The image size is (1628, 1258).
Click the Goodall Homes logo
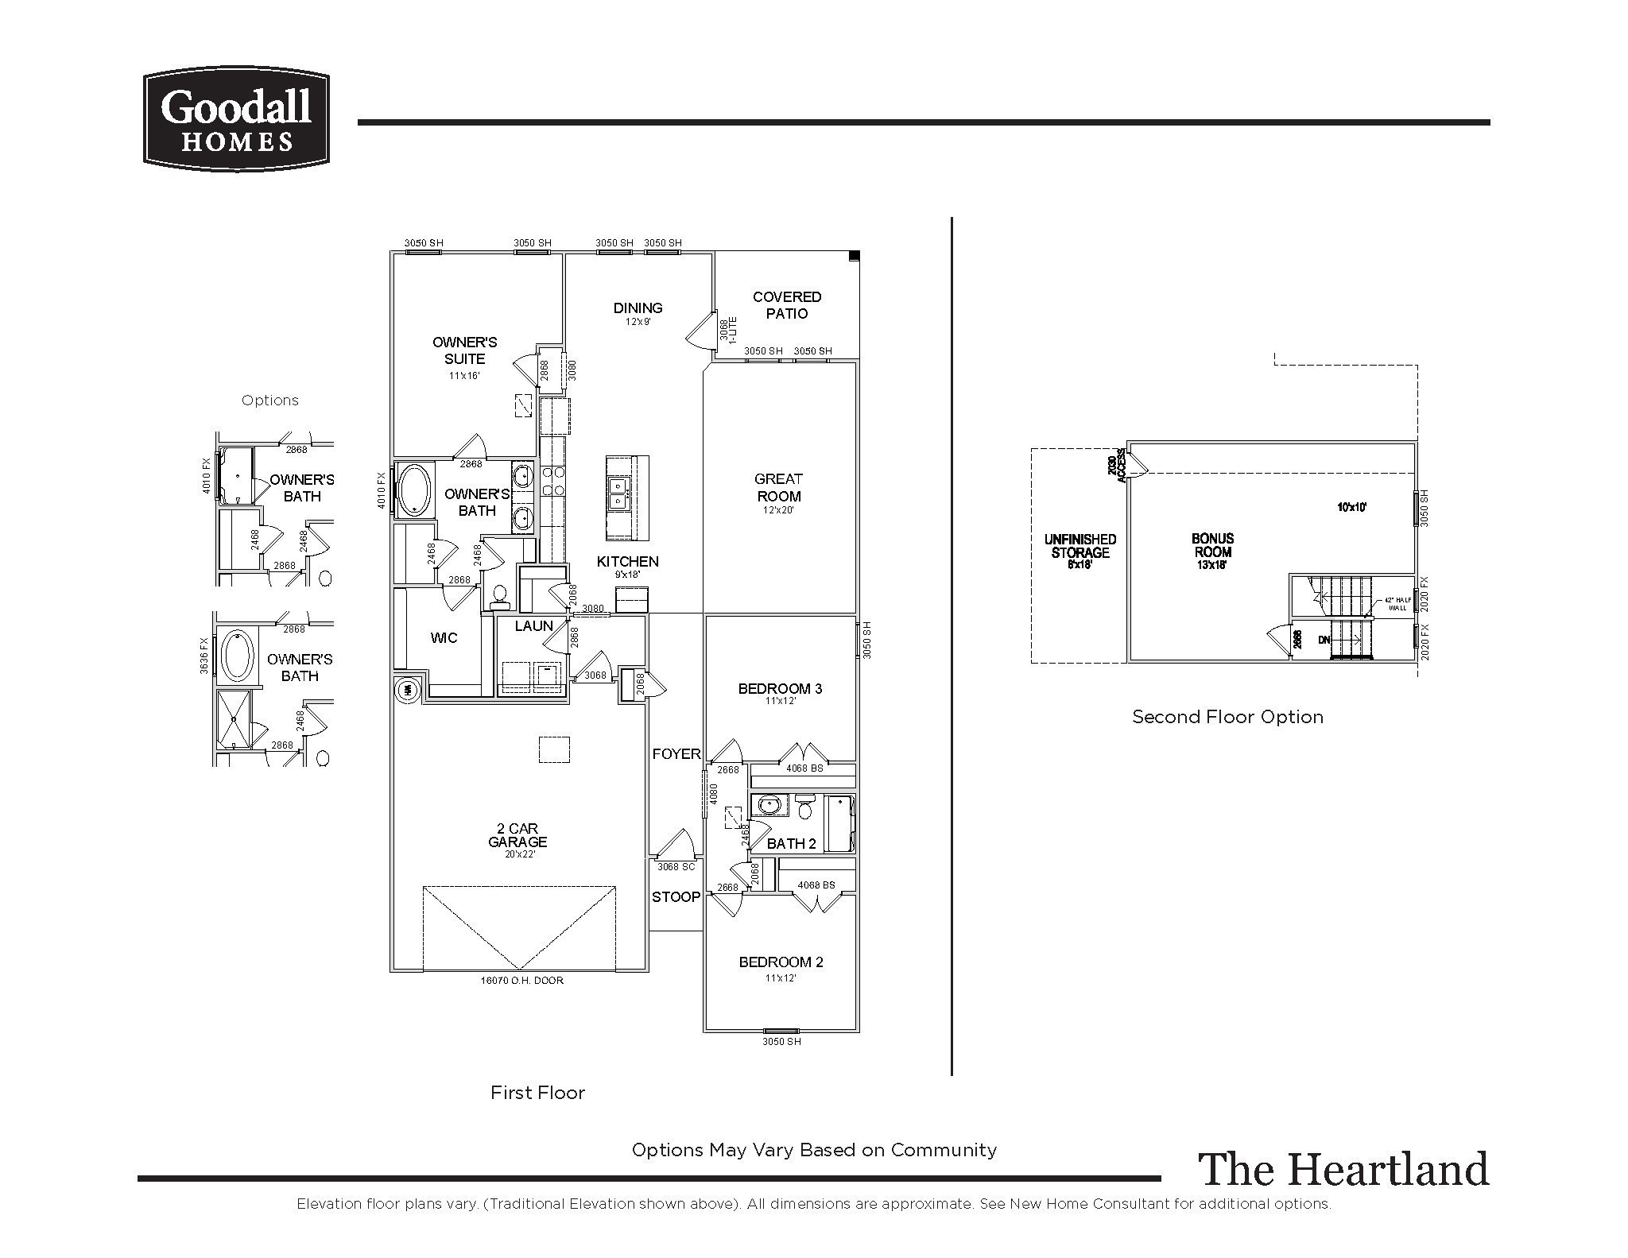tap(236, 119)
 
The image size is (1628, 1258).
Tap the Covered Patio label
tap(786, 305)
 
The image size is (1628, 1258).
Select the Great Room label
tap(778, 488)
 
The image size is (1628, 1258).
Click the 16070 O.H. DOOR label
tap(521, 981)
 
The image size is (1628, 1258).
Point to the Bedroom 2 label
tap(781, 962)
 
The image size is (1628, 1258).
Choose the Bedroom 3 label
tap(780, 689)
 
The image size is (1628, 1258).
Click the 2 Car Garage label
tap(517, 835)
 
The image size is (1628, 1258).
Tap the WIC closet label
tap(444, 638)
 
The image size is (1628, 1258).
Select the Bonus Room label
tap(1212, 546)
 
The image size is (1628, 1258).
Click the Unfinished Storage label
tap(1080, 546)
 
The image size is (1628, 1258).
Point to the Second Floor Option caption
tap(1227, 717)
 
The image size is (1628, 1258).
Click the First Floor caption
tap(537, 1093)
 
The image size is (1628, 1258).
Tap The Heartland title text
tap(1343, 1170)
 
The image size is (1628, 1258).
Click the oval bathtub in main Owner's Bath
tap(413, 490)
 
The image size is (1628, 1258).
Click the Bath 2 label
tap(791, 844)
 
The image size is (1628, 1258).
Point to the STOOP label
tap(676, 897)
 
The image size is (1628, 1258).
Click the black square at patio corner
tap(855, 256)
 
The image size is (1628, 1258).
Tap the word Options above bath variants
tap(270, 401)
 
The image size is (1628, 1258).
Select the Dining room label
tap(638, 308)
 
